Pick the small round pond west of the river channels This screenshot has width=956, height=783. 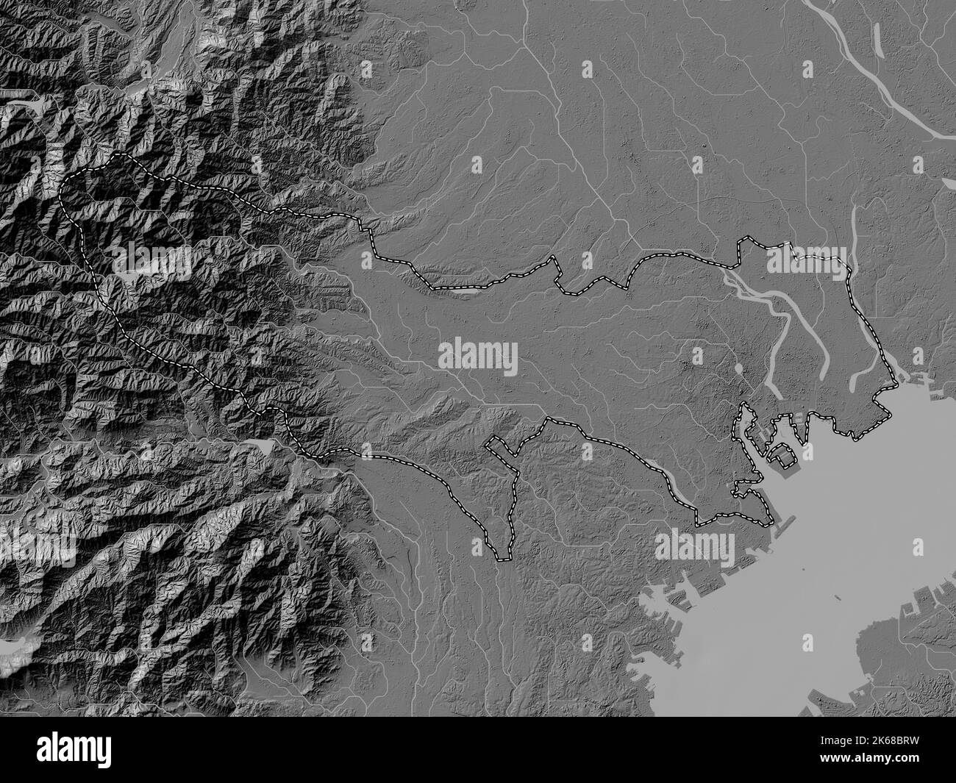(737, 368)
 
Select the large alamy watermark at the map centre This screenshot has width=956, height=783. (478, 357)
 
